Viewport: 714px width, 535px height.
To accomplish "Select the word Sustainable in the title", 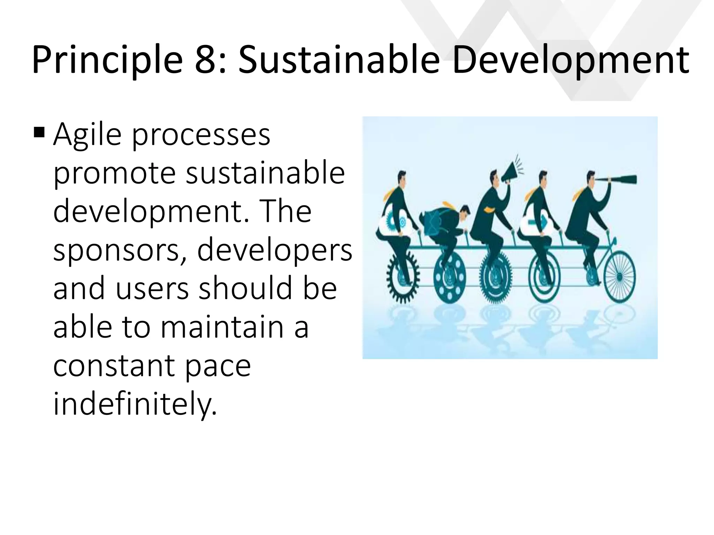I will [339, 60].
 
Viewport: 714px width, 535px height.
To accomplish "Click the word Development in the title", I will [571, 60].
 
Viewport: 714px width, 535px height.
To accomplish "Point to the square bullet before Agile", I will [39, 133].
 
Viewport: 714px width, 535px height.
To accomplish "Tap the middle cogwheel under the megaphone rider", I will [496, 279].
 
